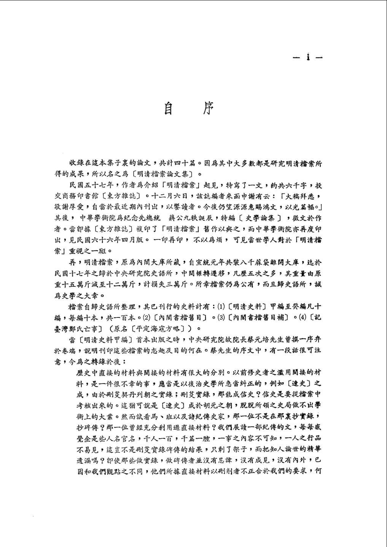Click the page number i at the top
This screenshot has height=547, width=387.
tap(308, 58)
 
